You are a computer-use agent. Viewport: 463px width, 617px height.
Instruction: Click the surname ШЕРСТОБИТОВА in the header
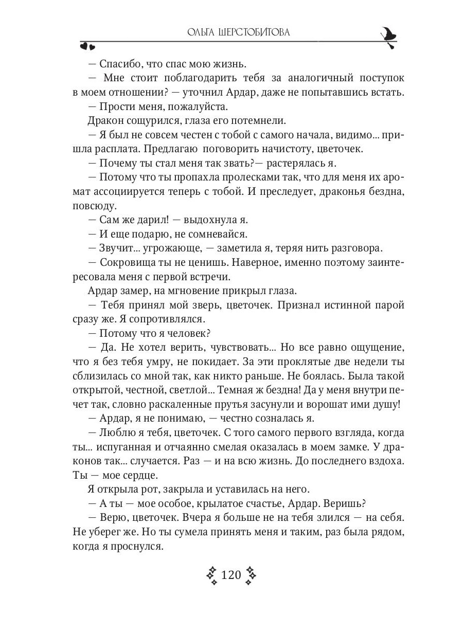(255, 32)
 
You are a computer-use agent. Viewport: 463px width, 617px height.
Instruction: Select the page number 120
(231, 575)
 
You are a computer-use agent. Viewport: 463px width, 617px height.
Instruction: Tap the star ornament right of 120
(251, 575)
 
